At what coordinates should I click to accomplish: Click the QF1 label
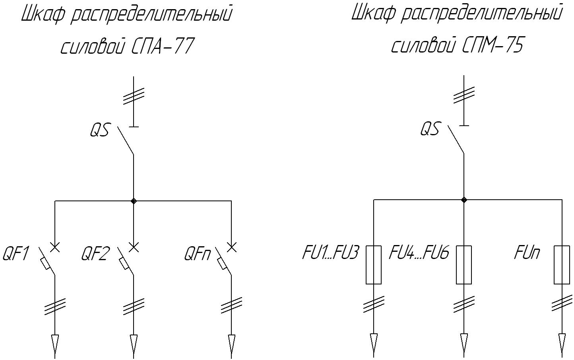pos(16,254)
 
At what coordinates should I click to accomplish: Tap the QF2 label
pos(95,254)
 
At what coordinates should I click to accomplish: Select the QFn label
pos(198,254)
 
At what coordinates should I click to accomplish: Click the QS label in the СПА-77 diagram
pos(99,130)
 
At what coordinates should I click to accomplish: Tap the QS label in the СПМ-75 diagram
pos(430,129)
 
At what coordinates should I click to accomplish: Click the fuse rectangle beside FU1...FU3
pos(374,265)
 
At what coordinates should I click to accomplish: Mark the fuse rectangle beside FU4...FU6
pos(464,265)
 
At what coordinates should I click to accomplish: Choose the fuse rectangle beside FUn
pos(562,265)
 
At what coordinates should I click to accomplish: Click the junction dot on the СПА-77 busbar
pos(134,201)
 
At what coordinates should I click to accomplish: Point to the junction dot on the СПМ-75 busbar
pos(463,200)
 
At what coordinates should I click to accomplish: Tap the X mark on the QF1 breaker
pos(55,247)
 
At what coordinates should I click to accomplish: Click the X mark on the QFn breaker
pos(231,247)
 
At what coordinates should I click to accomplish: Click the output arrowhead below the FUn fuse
pos(562,340)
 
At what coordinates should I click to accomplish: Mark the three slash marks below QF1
pos(55,306)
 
